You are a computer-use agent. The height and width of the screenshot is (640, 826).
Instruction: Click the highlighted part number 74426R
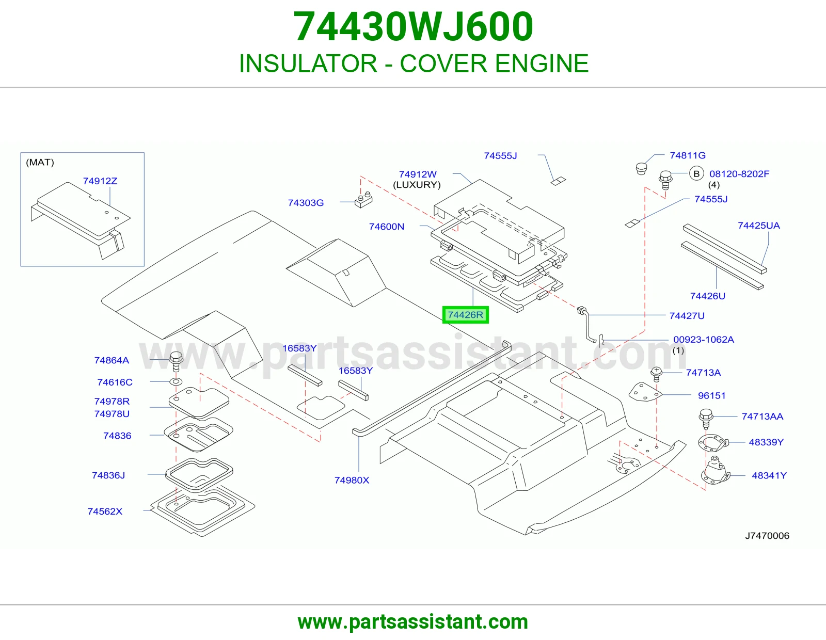(465, 315)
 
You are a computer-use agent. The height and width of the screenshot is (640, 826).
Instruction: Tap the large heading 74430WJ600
(413, 26)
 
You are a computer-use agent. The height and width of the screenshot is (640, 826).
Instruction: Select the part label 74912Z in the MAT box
(100, 181)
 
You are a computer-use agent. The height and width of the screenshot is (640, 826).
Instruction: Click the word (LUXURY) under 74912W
(417, 185)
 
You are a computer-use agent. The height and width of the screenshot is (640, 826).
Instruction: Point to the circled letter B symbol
(696, 174)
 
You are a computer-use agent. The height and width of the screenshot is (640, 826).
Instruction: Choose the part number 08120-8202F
(739, 174)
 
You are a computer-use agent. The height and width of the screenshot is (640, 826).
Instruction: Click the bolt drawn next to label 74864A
(176, 361)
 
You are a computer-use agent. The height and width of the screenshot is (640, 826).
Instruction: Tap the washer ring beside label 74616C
(176, 381)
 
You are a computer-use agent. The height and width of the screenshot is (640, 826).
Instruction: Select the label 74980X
(352, 480)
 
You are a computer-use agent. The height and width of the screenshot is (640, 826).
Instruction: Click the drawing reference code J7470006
(767, 536)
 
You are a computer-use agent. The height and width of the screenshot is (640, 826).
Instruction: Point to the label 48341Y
(769, 475)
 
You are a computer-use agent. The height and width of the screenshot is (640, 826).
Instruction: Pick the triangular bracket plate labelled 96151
(645, 392)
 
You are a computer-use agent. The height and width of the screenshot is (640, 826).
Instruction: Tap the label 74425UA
(759, 226)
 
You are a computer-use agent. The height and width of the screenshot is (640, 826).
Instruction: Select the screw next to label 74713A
(657, 374)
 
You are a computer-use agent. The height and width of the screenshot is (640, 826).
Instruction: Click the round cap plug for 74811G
(641, 168)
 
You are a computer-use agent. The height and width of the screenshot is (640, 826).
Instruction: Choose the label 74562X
(105, 511)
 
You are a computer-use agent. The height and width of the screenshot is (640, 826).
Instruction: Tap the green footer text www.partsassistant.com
(413, 622)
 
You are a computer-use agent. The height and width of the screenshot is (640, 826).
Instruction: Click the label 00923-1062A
(704, 340)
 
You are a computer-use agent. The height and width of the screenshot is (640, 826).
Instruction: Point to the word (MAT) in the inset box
(40, 162)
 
